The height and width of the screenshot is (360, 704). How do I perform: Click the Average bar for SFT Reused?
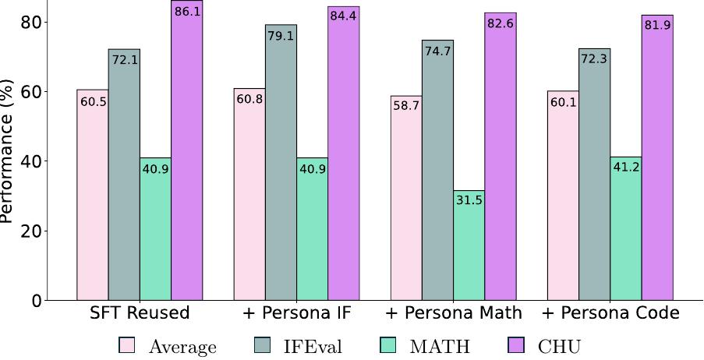pos(92,195)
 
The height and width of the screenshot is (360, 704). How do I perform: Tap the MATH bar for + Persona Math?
pos(469,245)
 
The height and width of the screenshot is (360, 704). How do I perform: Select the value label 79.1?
pos(281,35)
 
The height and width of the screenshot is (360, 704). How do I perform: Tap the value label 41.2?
pos(626,168)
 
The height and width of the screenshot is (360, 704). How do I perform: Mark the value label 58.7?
pos(406,107)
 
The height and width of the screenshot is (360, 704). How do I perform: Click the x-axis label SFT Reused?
pos(140,314)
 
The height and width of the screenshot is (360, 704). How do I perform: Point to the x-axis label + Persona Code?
pos(610,314)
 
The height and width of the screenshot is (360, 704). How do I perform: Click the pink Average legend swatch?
pos(127,345)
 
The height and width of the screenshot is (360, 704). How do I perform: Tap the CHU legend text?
pos(559,346)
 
